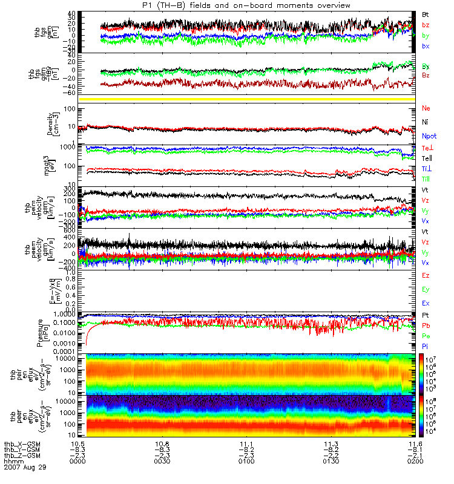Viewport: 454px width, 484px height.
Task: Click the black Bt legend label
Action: point(426,13)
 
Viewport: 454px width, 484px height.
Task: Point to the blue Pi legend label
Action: point(426,346)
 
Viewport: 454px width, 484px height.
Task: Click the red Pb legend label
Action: point(426,325)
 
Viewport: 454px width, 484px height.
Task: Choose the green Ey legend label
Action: point(426,289)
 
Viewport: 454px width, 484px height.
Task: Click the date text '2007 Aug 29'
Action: point(25,468)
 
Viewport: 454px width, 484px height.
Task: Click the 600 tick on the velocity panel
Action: point(76,231)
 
